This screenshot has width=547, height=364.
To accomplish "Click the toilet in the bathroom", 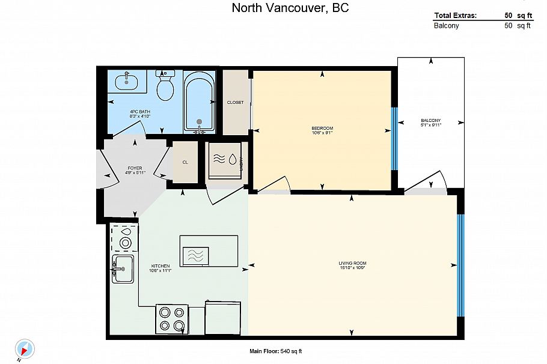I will (165, 87).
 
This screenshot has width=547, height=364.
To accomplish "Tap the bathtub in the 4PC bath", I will (198, 103).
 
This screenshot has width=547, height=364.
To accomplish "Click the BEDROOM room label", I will (322, 129).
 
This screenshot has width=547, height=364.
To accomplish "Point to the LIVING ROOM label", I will (352, 264).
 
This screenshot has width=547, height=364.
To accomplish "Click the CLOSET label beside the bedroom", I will (235, 103).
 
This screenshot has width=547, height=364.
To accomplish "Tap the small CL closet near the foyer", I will (185, 162).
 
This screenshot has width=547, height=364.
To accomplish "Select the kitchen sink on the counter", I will (123, 268).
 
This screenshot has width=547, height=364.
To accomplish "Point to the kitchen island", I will (209, 251).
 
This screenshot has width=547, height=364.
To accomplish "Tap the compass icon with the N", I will (25, 348).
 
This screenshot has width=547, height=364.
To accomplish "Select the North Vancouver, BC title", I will (290, 8).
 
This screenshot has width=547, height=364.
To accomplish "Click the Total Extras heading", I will (455, 16).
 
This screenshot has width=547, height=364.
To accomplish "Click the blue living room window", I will (460, 265).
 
